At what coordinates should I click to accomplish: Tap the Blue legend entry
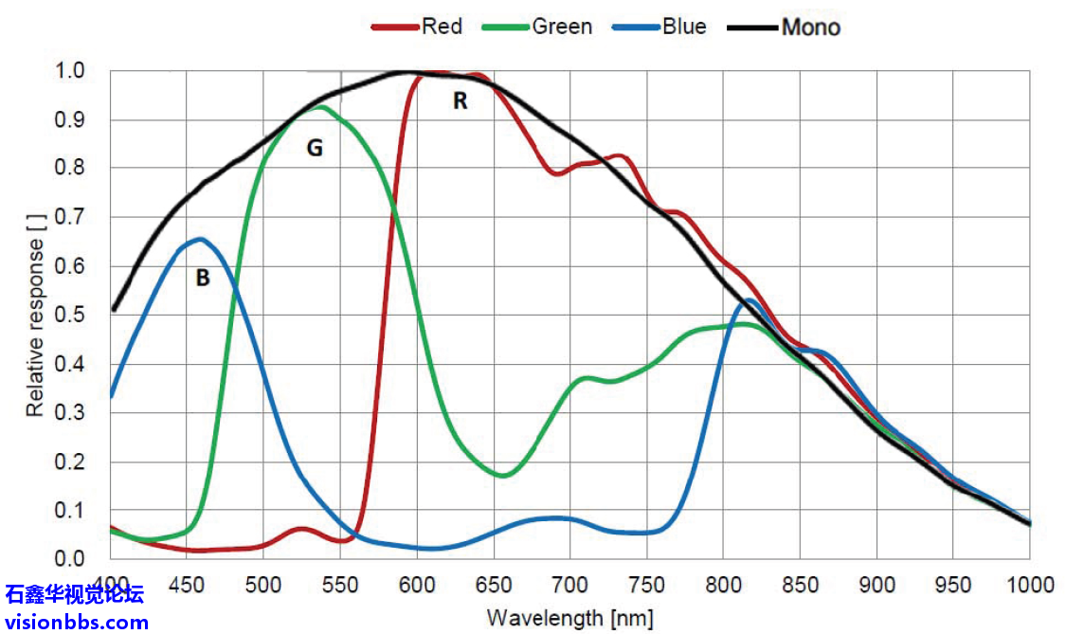(659, 27)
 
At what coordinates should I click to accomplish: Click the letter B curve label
(202, 279)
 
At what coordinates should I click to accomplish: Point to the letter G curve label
(314, 149)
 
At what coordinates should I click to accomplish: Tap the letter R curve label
(460, 100)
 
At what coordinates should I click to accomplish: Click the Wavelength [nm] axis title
(570, 618)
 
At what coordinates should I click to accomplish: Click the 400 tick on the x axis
(112, 582)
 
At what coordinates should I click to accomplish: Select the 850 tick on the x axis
(801, 582)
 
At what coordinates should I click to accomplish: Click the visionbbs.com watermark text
(77, 623)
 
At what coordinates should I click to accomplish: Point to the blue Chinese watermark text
(75, 596)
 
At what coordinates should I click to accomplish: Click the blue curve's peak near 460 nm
(199, 239)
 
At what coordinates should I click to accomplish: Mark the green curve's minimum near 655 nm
(503, 475)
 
